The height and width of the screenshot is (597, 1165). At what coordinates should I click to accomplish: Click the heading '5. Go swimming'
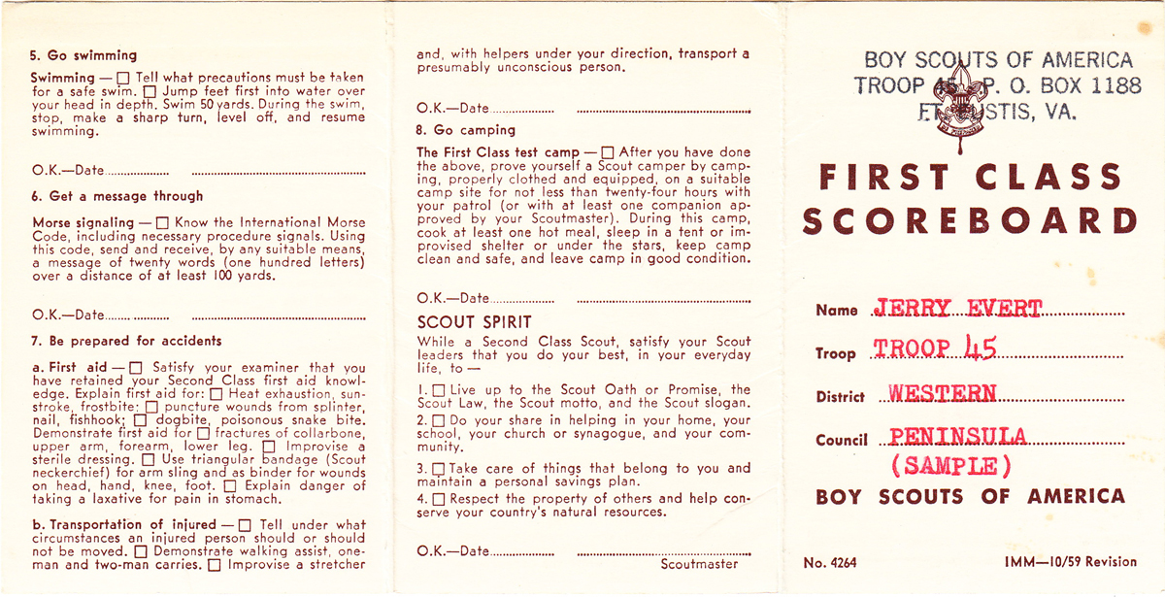pyautogui.click(x=84, y=55)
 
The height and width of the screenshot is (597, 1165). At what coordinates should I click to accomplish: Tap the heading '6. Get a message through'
pyautogui.click(x=117, y=196)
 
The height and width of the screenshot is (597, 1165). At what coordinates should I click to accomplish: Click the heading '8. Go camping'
pyautogui.click(x=466, y=130)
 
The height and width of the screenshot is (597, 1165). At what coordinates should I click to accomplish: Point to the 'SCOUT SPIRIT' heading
pyautogui.click(x=474, y=321)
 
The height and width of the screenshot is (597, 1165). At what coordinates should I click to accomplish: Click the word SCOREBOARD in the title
pyautogui.click(x=970, y=221)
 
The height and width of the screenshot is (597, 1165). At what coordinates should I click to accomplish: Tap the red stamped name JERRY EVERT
pyautogui.click(x=957, y=310)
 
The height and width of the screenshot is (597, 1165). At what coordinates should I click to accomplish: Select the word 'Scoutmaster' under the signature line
pyautogui.click(x=699, y=564)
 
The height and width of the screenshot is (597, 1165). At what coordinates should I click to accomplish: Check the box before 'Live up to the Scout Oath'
pyautogui.click(x=438, y=390)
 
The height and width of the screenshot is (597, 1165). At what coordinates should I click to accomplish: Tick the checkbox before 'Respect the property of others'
pyautogui.click(x=438, y=499)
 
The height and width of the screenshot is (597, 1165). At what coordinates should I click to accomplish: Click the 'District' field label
pyautogui.click(x=842, y=396)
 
